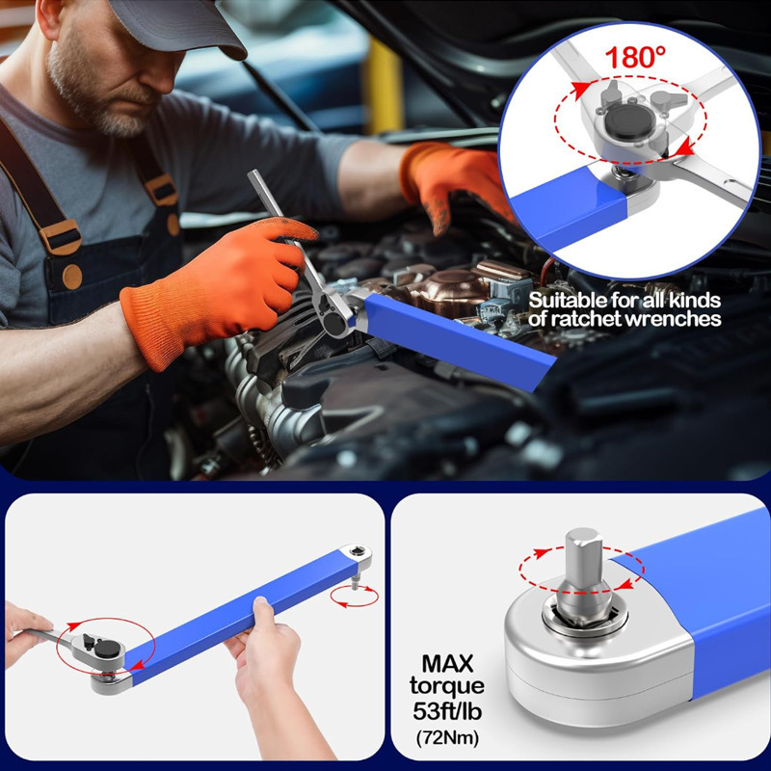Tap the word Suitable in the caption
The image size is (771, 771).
click(x=566, y=299)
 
